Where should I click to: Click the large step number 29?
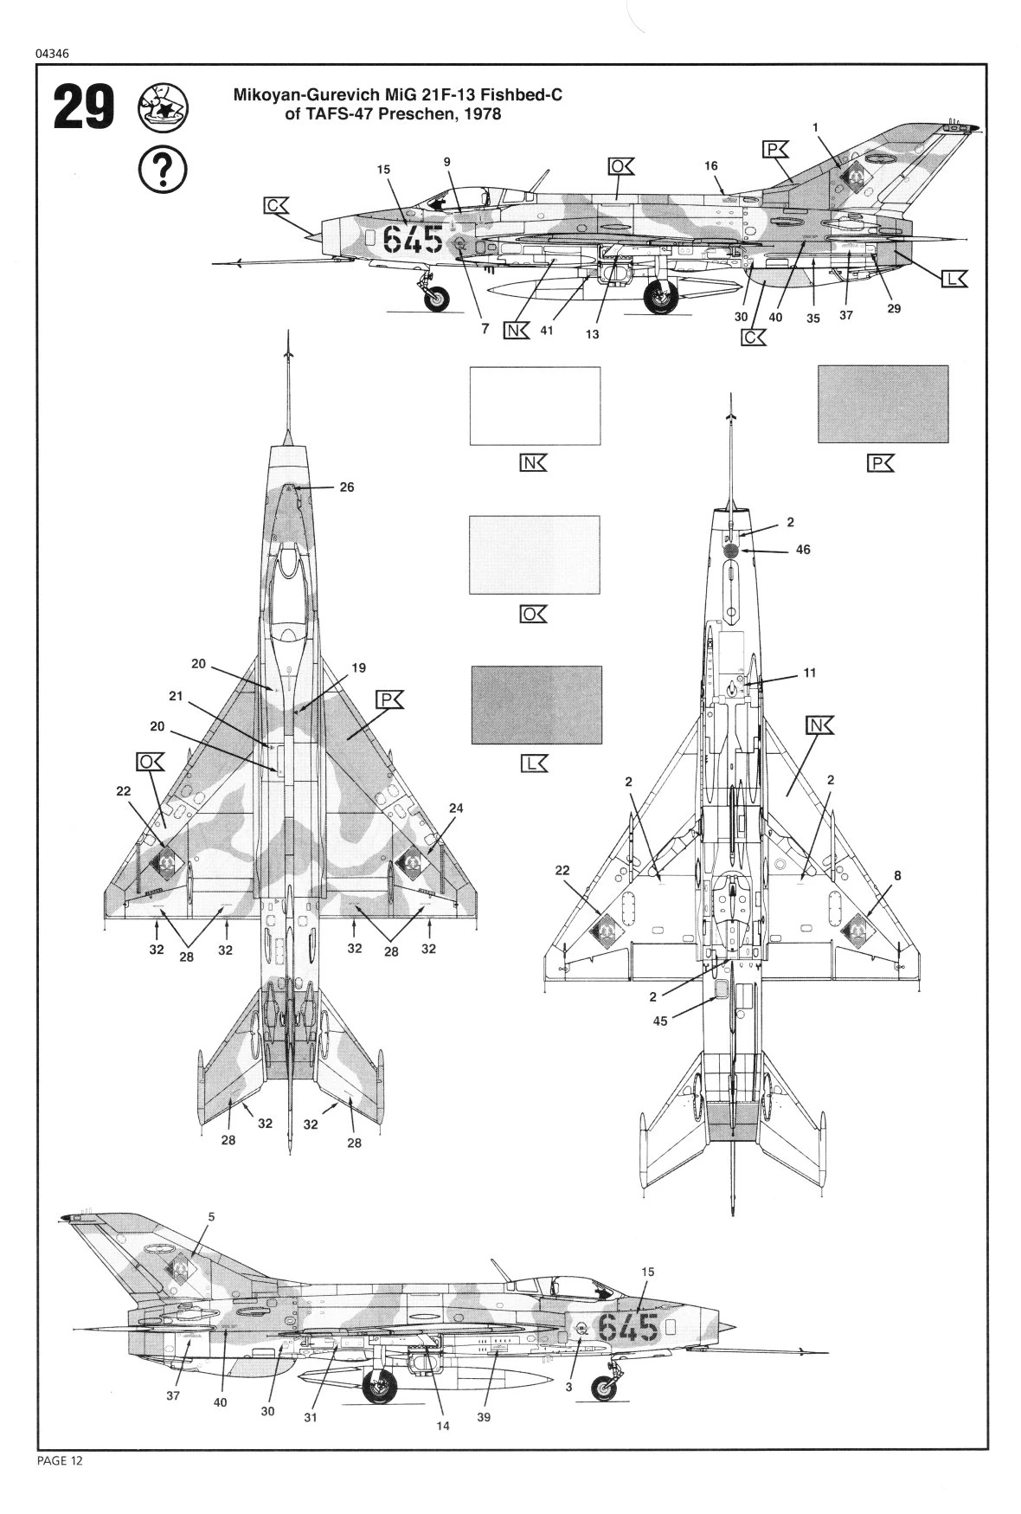[84, 107]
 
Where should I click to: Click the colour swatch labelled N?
[534, 406]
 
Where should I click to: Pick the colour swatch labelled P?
[882, 404]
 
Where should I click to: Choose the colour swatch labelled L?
[535, 705]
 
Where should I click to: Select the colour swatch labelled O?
[534, 555]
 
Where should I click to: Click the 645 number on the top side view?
[413, 237]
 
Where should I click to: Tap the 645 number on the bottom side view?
[628, 1327]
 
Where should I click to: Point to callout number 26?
[346, 487]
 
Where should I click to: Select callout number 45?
[659, 1021]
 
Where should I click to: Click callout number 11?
[809, 673]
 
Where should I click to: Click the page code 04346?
[53, 53]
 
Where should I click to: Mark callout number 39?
[484, 1417]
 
